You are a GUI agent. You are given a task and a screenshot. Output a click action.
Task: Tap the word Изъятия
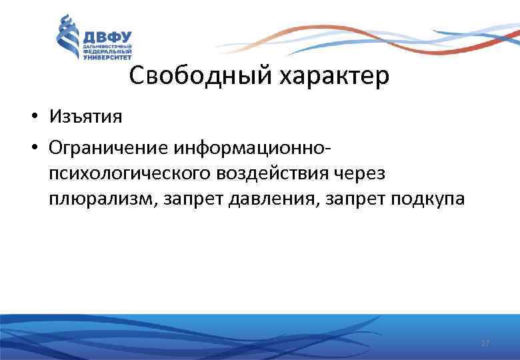pos(85,117)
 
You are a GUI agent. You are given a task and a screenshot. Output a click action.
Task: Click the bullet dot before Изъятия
pos(32,118)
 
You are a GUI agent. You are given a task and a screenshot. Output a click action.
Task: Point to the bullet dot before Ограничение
pos(32,145)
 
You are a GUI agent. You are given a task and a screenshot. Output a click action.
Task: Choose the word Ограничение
pos(108,145)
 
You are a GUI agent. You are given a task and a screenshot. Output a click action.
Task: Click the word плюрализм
pos(99,200)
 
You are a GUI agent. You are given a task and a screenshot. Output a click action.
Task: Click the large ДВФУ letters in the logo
pos(107,37)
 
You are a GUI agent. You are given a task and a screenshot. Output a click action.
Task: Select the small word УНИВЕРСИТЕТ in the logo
pos(107,58)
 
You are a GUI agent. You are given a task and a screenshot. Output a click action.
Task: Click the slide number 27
pos(485,343)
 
